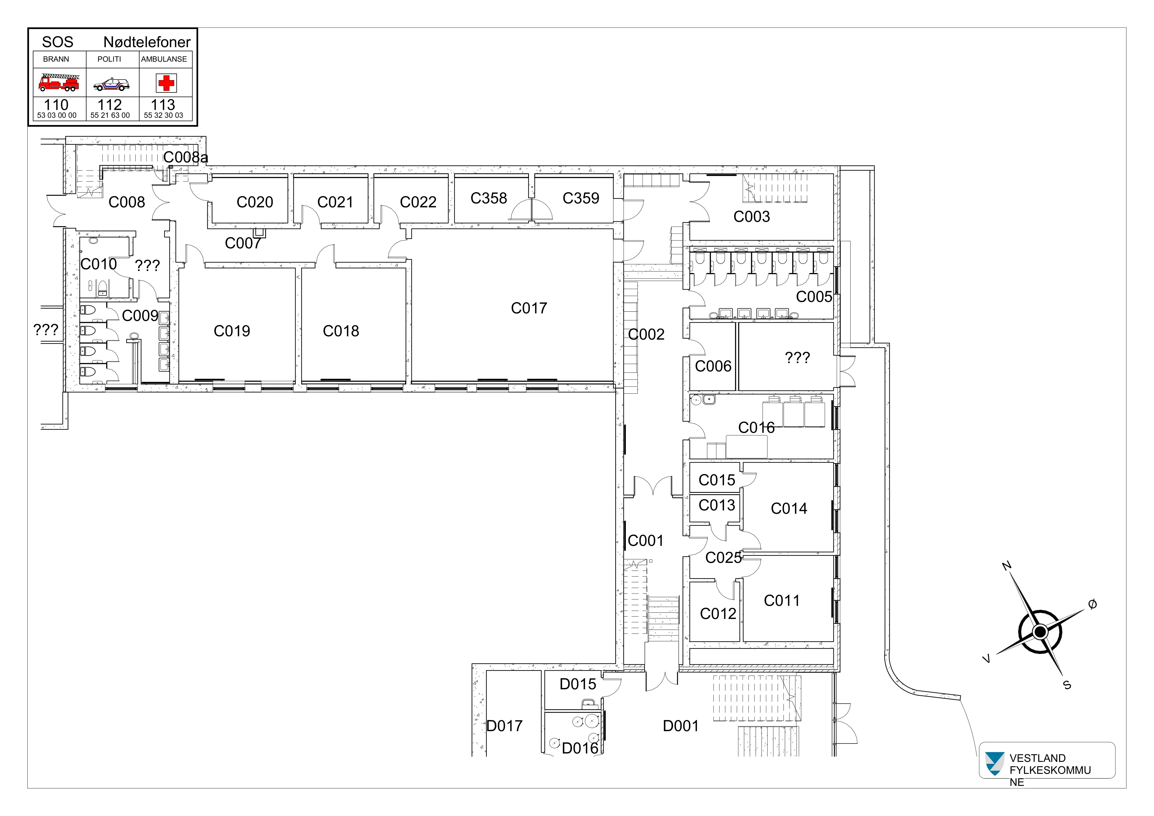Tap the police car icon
tap(112, 84)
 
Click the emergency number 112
tap(110, 105)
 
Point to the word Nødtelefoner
tap(147, 42)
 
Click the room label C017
tap(529, 308)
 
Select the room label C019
tap(232, 331)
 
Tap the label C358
tap(489, 198)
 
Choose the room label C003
tap(751, 217)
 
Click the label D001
tap(681, 726)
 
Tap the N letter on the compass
tap(1007, 566)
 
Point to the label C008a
tap(185, 158)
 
